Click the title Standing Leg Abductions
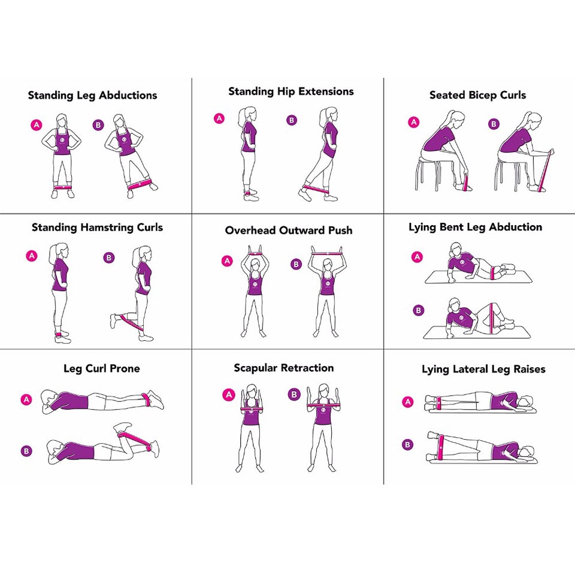tap(92, 95)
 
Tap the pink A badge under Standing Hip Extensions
tap(219, 119)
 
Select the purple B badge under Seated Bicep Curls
tap(494, 124)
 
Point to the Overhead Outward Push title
tap(289, 231)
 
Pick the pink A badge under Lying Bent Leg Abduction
tap(417, 257)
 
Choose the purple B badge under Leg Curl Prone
tap(26, 450)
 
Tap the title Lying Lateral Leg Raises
tap(483, 370)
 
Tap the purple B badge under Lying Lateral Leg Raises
tap(408, 444)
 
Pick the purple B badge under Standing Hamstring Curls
tap(108, 258)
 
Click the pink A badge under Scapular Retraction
tap(228, 395)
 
